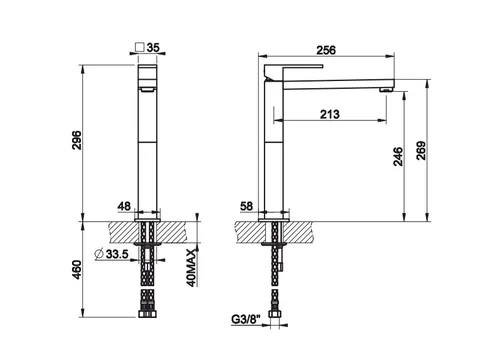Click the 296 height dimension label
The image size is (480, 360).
(77, 140)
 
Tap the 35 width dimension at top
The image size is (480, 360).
(153, 47)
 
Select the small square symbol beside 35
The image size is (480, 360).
(140, 47)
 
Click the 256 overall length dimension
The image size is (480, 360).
(326, 50)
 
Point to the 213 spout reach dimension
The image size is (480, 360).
(330, 114)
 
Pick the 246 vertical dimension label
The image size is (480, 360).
(398, 156)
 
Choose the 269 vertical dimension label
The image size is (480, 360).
(421, 151)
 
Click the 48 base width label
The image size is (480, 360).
(124, 206)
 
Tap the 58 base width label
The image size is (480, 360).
(247, 206)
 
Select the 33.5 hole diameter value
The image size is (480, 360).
(117, 254)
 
